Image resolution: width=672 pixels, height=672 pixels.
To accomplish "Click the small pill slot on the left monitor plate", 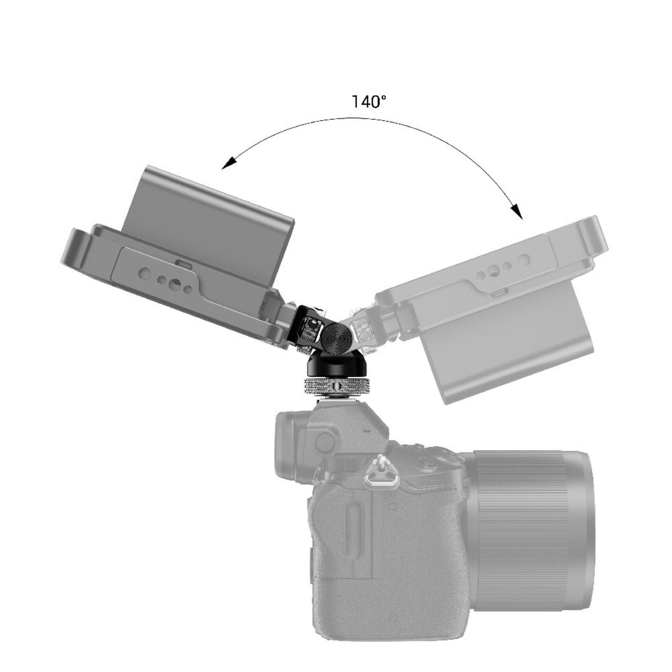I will tap(184, 265).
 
